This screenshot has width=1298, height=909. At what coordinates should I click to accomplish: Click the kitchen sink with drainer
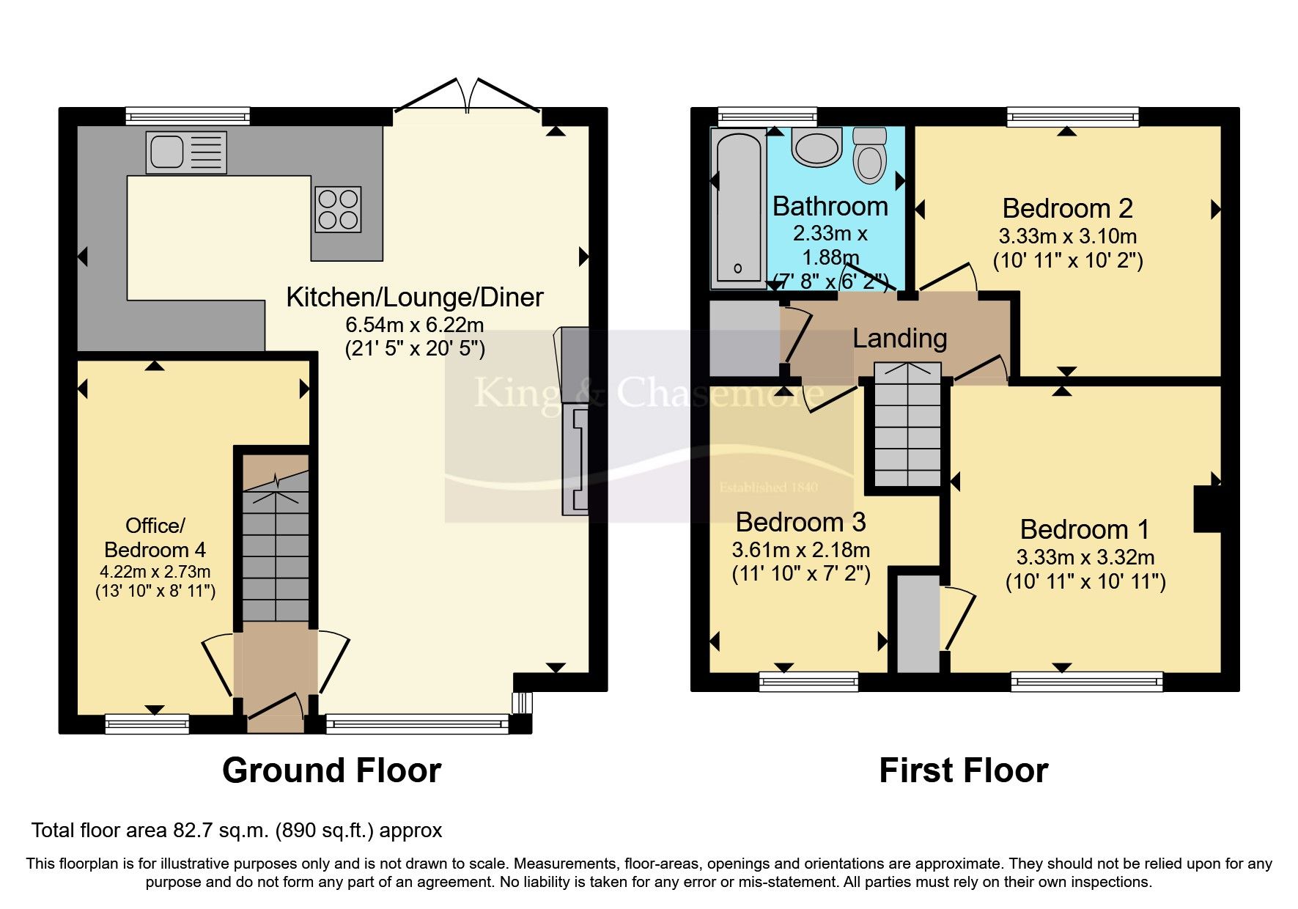186,152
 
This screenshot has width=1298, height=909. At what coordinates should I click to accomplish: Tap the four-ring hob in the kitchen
338,209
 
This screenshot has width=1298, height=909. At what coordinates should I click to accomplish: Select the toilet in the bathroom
870,155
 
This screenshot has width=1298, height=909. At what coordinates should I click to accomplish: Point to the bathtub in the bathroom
739,209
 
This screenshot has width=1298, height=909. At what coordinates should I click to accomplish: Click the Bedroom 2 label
1067,209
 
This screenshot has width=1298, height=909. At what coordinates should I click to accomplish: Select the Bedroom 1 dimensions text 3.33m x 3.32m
1085,557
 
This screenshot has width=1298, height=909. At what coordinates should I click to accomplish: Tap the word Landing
899,339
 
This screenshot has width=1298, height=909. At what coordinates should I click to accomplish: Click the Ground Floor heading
331,770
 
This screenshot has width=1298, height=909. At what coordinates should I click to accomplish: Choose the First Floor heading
963,770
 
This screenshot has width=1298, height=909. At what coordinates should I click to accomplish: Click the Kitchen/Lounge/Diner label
414,297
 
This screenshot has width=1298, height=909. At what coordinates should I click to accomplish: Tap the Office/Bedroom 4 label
155,537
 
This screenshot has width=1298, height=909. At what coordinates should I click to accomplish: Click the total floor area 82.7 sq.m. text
237,831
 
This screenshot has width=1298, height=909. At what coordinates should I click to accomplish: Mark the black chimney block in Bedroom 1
1207,509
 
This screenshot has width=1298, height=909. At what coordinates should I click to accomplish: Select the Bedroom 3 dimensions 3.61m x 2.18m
800,550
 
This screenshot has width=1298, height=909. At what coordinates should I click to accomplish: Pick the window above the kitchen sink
188,116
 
